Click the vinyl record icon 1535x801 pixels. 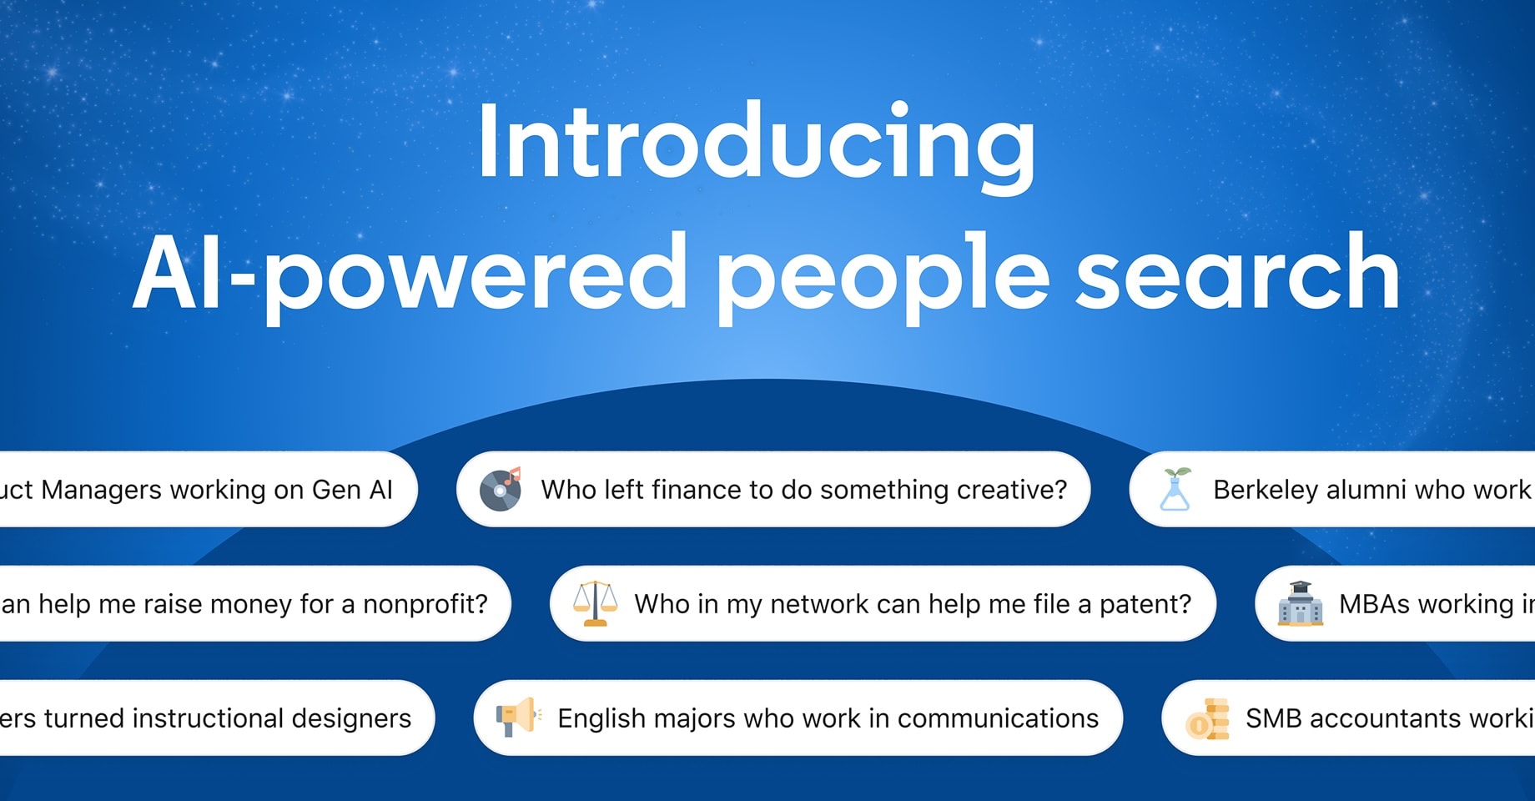click(501, 489)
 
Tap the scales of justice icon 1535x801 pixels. click(595, 603)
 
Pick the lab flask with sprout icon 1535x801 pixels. click(1175, 489)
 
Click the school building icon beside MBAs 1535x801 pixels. click(1300, 603)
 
